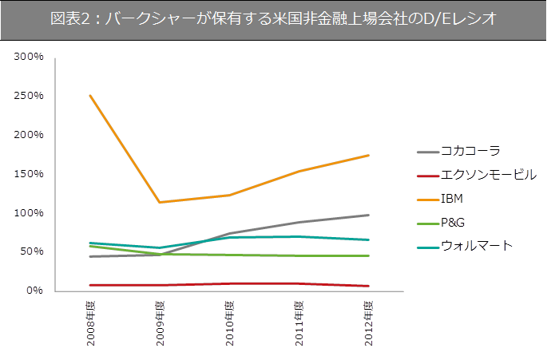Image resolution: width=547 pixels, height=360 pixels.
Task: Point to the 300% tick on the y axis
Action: pos(29,57)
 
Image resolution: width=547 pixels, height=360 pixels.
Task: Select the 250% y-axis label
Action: pos(29,97)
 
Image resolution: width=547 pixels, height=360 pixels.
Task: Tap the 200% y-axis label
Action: pos(29,135)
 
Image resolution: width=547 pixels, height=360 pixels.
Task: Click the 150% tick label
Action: pos(29,174)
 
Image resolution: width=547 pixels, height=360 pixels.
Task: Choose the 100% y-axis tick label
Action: pos(29,213)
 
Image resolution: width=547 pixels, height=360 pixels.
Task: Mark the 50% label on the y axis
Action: pos(31,251)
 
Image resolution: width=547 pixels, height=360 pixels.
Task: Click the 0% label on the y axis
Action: pos(34,291)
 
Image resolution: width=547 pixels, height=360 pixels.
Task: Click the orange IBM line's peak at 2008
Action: pos(90,96)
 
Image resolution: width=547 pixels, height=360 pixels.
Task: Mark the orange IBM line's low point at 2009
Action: pos(160,202)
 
